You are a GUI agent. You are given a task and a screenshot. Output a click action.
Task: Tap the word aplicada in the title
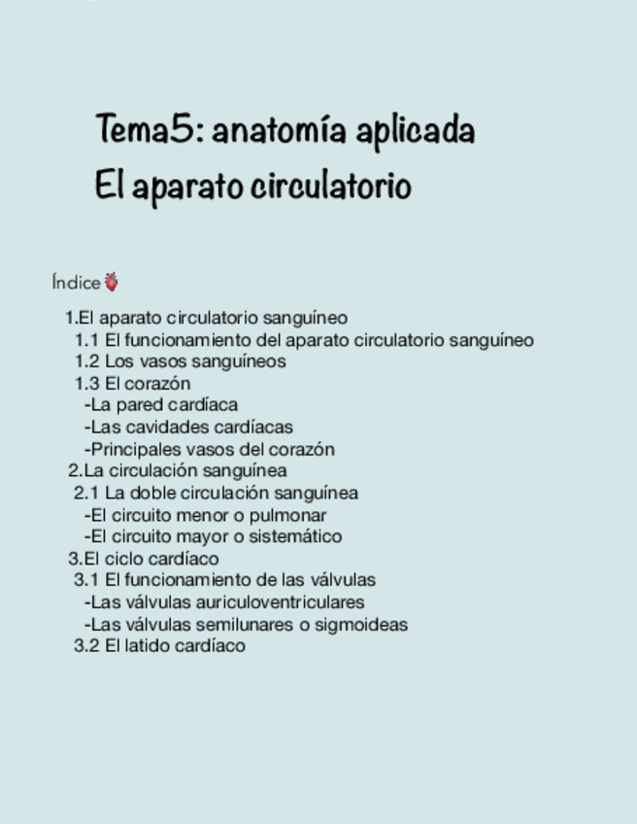(415, 131)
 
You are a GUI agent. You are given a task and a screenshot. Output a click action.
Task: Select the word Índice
(76, 283)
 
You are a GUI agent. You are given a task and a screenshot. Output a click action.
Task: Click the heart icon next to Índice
(112, 283)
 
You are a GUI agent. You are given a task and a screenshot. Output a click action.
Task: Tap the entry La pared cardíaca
(161, 404)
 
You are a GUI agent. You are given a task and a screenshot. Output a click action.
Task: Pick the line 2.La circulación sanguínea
(177, 470)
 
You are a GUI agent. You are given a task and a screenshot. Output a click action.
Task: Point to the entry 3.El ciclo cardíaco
(144, 559)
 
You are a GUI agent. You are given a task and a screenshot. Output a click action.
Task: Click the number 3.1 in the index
(86, 580)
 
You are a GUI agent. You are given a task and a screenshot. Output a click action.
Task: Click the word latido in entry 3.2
(150, 646)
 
